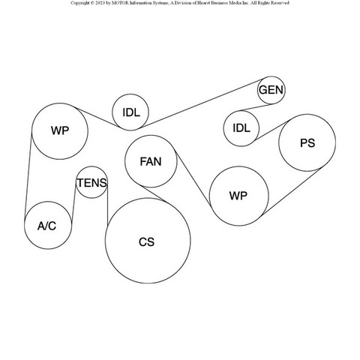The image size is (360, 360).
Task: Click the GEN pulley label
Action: tap(271, 90)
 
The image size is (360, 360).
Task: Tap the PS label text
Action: tap(307, 143)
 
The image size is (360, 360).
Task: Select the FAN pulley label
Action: tap(151, 161)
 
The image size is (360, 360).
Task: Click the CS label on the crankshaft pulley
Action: tap(146, 242)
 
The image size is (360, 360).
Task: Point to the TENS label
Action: tap(91, 183)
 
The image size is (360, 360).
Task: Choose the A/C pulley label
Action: tap(46, 226)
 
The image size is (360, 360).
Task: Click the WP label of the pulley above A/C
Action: tap(60, 130)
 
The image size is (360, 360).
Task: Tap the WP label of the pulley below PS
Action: tap(238, 196)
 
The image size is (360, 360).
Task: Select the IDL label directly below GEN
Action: tap(241, 128)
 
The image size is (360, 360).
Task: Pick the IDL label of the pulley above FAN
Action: tap(131, 112)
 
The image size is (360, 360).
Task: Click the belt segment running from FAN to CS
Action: tap(152, 193)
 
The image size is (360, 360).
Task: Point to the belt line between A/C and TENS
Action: tap(73, 203)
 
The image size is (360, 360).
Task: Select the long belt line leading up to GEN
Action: tap(202, 103)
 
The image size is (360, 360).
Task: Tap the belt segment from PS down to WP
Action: tap(290, 192)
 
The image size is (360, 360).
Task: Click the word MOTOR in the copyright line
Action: tap(121, 3)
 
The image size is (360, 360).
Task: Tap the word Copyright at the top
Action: tap(80, 3)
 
